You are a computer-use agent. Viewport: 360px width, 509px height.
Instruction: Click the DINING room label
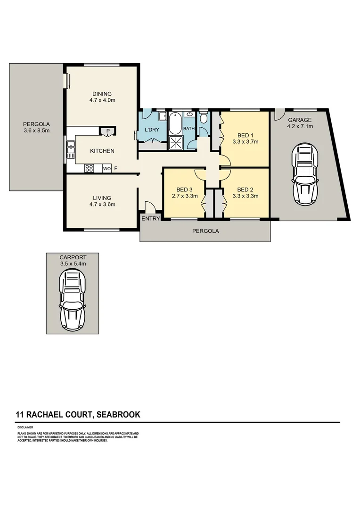(102, 93)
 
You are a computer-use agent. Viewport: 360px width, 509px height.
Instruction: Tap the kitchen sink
(71, 149)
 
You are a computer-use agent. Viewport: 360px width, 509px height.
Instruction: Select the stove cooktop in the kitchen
(89, 168)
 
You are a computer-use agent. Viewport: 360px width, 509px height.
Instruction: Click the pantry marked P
(107, 131)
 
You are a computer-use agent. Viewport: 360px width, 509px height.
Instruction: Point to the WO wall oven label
(106, 168)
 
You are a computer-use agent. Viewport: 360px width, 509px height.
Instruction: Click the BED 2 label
(245, 190)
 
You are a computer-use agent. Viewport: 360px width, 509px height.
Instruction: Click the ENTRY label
(151, 218)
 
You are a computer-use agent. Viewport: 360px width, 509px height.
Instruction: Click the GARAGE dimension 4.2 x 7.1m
(300, 126)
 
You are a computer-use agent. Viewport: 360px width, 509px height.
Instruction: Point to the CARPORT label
(73, 257)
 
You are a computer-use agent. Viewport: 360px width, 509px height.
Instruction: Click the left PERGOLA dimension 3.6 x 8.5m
(36, 131)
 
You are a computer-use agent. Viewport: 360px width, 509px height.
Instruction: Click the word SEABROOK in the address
(119, 415)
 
